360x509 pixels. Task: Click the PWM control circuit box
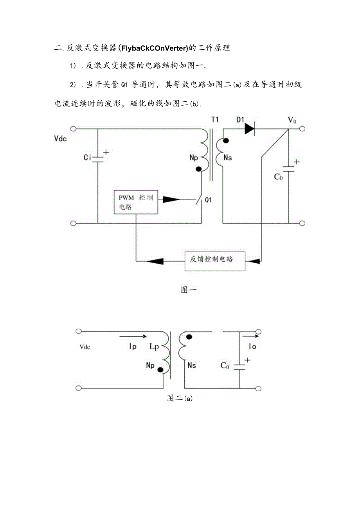point(136,202)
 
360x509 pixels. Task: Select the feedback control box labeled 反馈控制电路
point(215,260)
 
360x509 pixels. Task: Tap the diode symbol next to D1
point(250,128)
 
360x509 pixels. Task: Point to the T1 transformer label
point(214,119)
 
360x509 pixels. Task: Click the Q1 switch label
point(208,200)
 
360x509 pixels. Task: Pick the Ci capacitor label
point(88,158)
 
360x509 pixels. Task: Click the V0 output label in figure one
point(292,120)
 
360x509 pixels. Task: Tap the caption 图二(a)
point(180,398)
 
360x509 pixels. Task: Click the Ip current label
point(133,347)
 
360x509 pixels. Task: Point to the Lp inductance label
point(154,347)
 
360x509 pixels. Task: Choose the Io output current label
point(252,347)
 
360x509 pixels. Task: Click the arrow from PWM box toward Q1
point(169,200)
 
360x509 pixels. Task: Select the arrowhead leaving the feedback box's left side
point(156,260)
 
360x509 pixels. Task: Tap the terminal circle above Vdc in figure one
point(73,128)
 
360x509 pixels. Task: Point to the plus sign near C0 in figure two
point(247,360)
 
